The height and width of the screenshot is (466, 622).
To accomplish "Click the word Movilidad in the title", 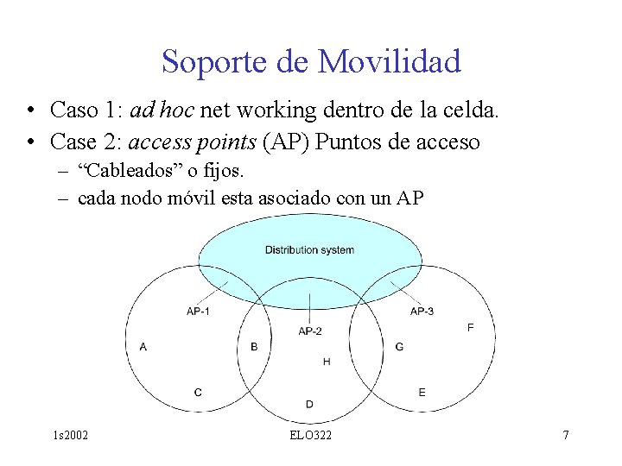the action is click(x=389, y=62).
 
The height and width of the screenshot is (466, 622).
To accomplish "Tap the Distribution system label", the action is click(x=309, y=250).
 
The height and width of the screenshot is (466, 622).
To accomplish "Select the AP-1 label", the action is click(x=198, y=311).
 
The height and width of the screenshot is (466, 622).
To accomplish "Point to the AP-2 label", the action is click(x=310, y=331).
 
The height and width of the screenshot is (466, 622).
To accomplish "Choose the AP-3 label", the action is click(x=422, y=311).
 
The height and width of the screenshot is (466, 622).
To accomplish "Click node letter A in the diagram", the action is click(x=143, y=347).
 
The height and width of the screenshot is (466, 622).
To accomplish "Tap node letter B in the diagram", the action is click(x=253, y=347).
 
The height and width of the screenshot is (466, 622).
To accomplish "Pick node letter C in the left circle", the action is click(x=198, y=393).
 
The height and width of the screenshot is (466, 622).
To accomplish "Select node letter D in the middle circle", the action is click(x=309, y=404).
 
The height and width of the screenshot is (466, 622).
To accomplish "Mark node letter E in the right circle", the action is click(x=422, y=393).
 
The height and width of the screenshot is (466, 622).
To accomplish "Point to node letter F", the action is click(x=470, y=328).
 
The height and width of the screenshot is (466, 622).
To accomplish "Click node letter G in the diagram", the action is click(x=398, y=347).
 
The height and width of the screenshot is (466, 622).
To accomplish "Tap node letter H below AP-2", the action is click(x=326, y=362).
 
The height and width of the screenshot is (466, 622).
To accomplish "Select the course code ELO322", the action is click(x=310, y=435).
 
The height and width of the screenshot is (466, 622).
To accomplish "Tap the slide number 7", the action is click(x=565, y=435).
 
